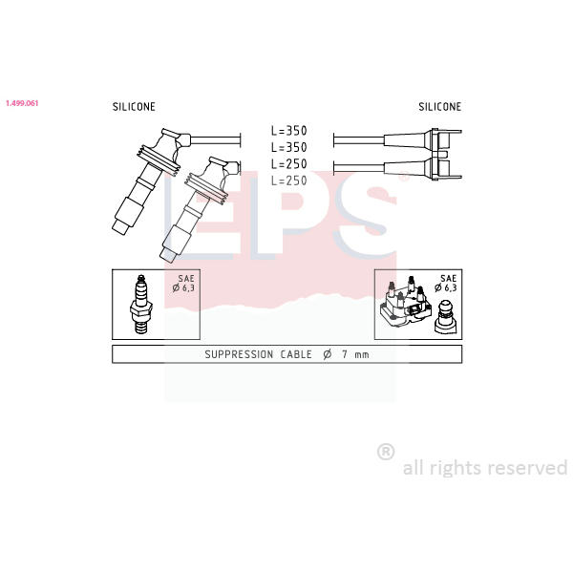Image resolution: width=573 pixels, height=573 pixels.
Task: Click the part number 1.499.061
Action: (22, 103)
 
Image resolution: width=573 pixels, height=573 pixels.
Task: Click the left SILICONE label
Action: (134, 107)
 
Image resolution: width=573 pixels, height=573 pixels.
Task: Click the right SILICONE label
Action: (440, 107)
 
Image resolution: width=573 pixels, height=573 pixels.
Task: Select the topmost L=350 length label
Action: (289, 131)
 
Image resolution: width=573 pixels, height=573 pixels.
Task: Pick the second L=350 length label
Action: (289, 147)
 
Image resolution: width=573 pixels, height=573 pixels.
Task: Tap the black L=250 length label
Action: (289, 164)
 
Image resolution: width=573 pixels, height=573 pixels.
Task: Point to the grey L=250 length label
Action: (289, 180)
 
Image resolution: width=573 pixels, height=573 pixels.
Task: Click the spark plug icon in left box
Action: (141, 305)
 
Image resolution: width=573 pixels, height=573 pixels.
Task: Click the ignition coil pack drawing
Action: (406, 304)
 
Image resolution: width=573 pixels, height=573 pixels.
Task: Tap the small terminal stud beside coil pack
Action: (445, 317)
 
